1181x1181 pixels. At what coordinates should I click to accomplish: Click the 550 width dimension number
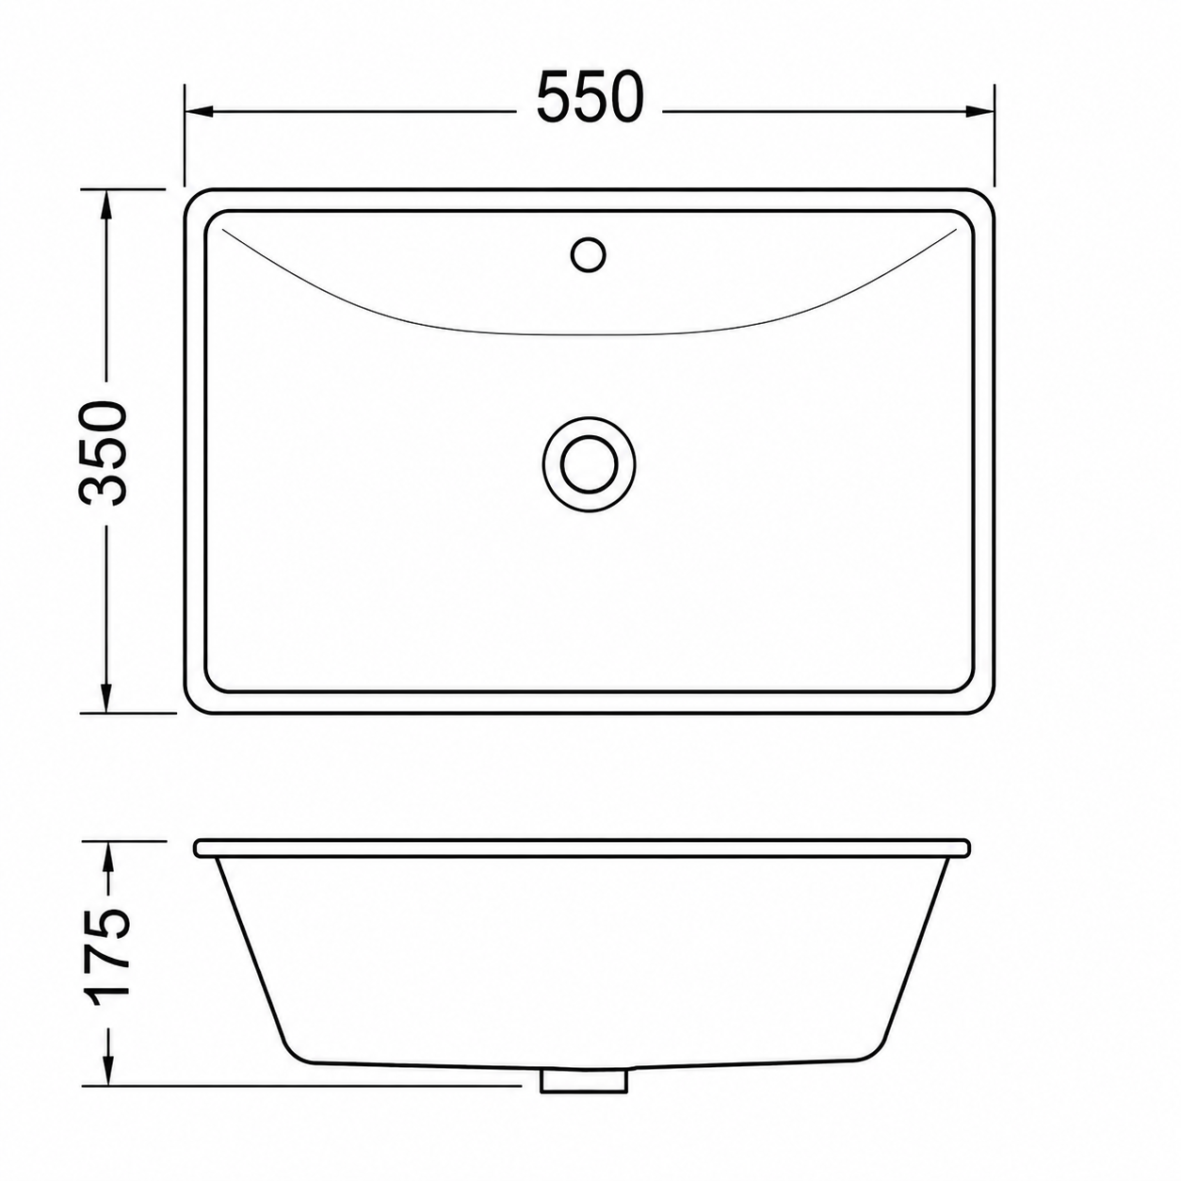pos(590,97)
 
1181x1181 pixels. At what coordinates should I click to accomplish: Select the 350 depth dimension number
pos(103,453)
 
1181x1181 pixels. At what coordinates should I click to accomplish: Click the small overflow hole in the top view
pos(589,253)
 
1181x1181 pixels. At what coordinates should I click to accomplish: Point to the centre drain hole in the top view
pos(589,464)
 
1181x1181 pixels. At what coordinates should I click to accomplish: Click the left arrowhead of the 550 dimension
pos(198,111)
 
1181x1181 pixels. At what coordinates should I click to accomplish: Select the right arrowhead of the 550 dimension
pos(980,111)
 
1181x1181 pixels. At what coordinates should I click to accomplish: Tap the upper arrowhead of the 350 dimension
pos(106,202)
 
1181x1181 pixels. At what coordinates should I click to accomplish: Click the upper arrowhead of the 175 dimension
pos(108,855)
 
